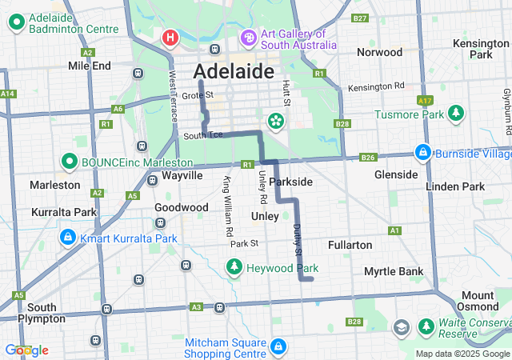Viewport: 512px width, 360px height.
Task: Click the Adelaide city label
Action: click(x=234, y=71)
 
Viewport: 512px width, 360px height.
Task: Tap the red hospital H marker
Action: click(x=170, y=38)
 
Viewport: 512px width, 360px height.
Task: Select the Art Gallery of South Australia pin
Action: click(x=249, y=38)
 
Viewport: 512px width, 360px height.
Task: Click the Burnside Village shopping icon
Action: click(x=422, y=151)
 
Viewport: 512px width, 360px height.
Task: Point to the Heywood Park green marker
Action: click(x=234, y=268)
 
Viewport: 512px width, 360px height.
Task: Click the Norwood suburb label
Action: click(x=379, y=52)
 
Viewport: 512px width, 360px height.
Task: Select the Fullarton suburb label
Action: click(x=350, y=244)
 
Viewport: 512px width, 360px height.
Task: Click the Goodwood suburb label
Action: click(x=176, y=206)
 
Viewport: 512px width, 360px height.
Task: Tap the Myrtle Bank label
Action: click(x=394, y=271)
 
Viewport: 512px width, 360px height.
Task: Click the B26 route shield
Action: click(x=367, y=158)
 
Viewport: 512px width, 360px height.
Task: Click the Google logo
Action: click(x=26, y=350)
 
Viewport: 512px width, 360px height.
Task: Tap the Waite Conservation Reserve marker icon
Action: click(x=401, y=327)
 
